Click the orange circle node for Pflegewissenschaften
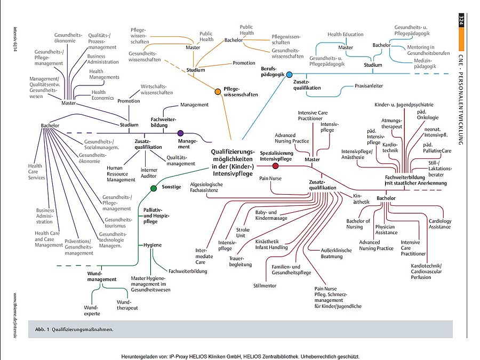pos(218,92)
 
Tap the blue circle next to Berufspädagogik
pos(289,75)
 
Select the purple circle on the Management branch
pos(181,133)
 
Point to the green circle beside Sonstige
pos(154,188)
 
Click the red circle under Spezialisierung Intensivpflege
pos(275,166)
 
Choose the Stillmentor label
pos(265,286)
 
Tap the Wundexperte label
pos(92,310)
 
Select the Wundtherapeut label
pos(127,305)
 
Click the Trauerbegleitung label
pos(240,261)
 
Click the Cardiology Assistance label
pos(440,224)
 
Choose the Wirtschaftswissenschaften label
pos(157,89)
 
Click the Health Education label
pos(346,35)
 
